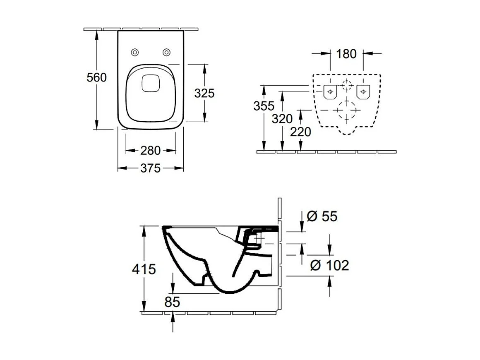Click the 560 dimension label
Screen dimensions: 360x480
click(96, 77)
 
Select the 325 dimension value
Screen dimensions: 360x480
click(204, 93)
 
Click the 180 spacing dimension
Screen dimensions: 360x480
click(346, 54)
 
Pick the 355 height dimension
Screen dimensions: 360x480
click(264, 106)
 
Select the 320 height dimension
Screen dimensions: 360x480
click(282, 119)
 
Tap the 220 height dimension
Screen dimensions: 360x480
click(300, 132)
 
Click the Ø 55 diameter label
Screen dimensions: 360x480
click(322, 216)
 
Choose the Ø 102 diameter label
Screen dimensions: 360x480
click(330, 265)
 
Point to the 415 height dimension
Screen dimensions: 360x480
click(144, 269)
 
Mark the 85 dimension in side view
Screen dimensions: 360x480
click(172, 302)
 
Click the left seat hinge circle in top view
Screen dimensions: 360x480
click(134, 52)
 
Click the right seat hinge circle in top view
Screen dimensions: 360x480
click(166, 52)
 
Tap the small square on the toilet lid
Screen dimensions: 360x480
click(150, 83)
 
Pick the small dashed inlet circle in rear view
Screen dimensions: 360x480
click(347, 86)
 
